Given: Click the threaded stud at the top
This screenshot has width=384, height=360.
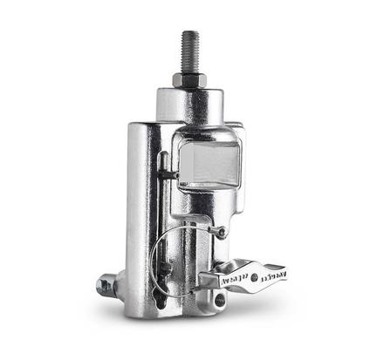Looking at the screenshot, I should pos(190,52).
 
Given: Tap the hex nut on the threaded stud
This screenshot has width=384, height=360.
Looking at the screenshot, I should pos(189,80).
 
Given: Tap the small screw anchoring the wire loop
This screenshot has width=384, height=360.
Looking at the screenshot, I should pos(222,232).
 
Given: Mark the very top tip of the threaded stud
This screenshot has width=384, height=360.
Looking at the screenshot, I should pos(190,32).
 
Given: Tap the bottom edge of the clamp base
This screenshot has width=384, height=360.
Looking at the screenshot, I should pos(175,314).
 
